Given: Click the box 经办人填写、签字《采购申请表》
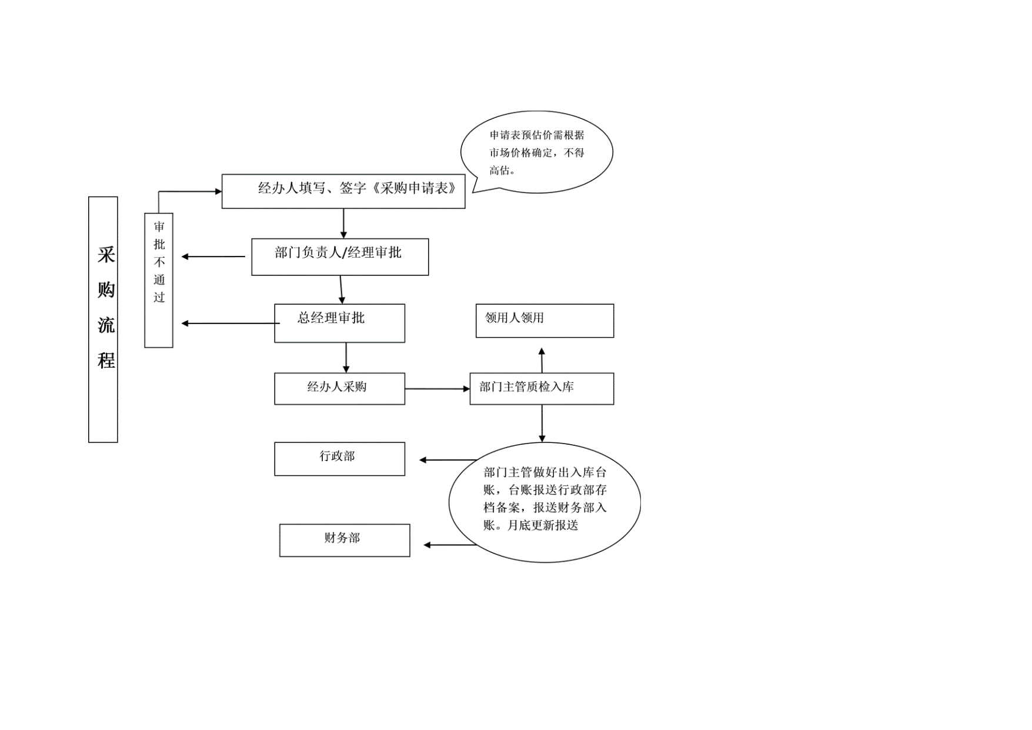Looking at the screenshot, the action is pos(343,191).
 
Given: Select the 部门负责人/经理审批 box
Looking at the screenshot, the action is pos(340,256).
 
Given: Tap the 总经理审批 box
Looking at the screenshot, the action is pos(340,323).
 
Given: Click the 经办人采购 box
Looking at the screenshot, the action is pos(340,388).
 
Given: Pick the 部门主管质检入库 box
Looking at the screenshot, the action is pos(542,388).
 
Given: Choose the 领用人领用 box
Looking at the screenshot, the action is pos(545,321).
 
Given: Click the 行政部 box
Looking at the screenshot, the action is pos(340,459).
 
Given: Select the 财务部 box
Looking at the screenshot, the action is pos(345,540).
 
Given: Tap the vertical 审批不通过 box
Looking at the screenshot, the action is pos(159,280).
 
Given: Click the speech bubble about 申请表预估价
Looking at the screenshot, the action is pos(537,152).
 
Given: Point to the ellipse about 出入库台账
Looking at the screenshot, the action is pos(545,502).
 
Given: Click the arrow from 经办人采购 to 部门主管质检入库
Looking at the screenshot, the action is pos(437,389).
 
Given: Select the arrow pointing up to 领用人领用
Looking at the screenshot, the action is pos(542,360).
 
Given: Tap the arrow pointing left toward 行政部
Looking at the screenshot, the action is pos(448,460).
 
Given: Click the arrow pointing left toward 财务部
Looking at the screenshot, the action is pos(450,545).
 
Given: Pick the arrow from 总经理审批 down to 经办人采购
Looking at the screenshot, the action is pos(346,358).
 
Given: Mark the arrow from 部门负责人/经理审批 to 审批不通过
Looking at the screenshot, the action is pos(213,256).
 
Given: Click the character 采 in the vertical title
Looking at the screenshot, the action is pos(106,255).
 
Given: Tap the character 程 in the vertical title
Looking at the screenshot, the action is pos(106,360).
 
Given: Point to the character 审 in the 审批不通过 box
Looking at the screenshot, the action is pos(159,226).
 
